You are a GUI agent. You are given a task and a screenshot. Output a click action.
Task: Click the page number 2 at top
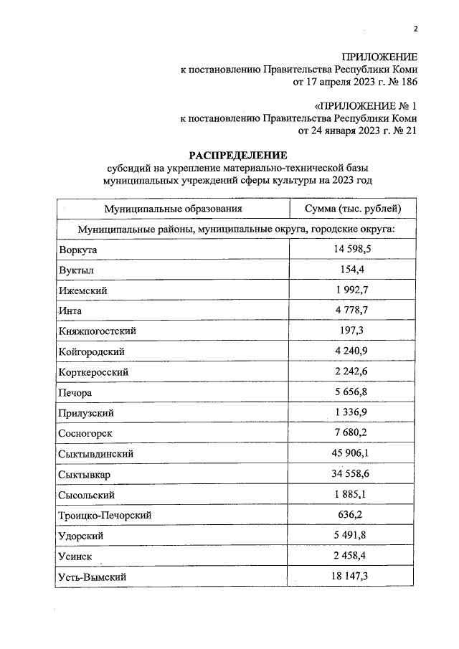415,29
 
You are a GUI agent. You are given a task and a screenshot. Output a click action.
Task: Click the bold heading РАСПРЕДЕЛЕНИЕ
237,155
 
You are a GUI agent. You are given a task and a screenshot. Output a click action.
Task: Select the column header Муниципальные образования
172,209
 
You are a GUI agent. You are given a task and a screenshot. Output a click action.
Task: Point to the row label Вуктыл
77,270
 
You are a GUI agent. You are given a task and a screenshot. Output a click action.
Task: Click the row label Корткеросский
95,373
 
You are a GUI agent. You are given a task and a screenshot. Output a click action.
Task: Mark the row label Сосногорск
87,434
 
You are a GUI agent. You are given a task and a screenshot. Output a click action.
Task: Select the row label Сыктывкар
87,475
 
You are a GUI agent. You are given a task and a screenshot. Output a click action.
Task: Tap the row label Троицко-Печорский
105,516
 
